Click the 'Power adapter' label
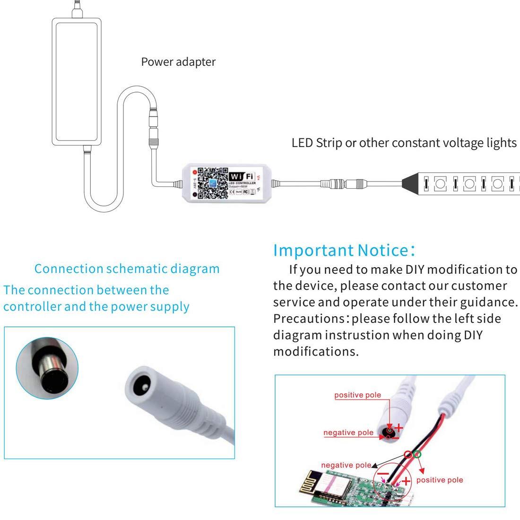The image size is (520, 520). coord(179,62)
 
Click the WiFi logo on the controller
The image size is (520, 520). coord(242,173)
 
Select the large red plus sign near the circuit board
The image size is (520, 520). coord(406,483)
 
